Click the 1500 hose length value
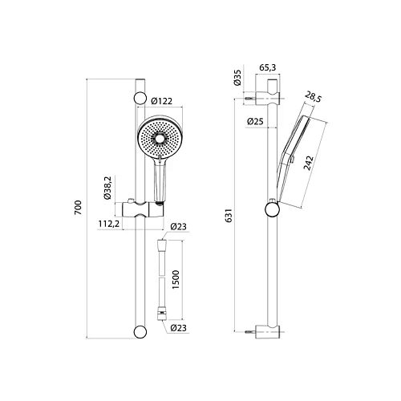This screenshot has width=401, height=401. pyautogui.click(x=186, y=279)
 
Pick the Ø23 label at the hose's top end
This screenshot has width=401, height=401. pyautogui.click(x=177, y=227)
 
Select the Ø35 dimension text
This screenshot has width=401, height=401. pyautogui.click(x=237, y=78)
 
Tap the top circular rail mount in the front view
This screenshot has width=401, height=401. pyautogui.click(x=140, y=99)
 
